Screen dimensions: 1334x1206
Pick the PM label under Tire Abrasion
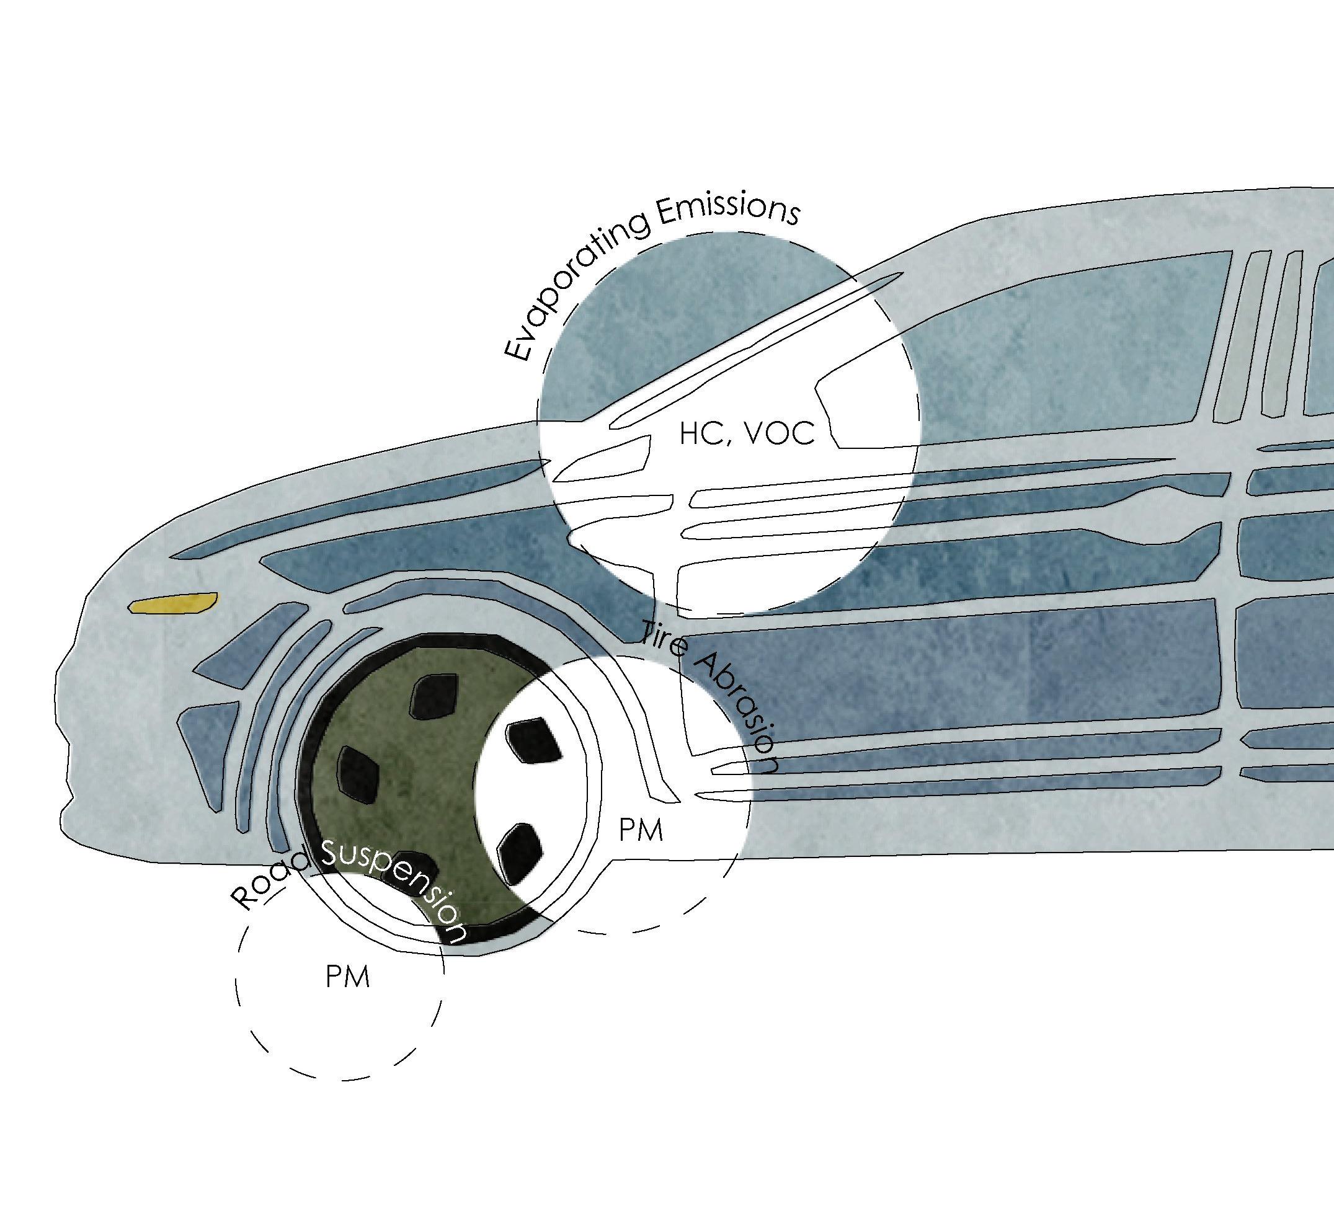tap(641, 830)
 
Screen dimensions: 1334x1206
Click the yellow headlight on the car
tap(174, 603)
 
